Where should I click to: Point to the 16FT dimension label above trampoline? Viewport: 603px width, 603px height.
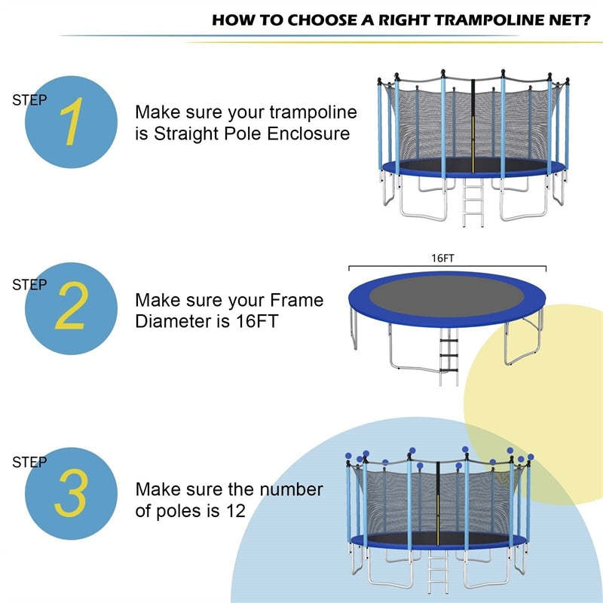click(442, 258)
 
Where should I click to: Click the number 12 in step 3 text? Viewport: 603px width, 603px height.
click(235, 510)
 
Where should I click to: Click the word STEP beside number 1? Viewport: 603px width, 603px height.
click(29, 99)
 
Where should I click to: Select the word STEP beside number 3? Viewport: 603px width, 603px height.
click(29, 462)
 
